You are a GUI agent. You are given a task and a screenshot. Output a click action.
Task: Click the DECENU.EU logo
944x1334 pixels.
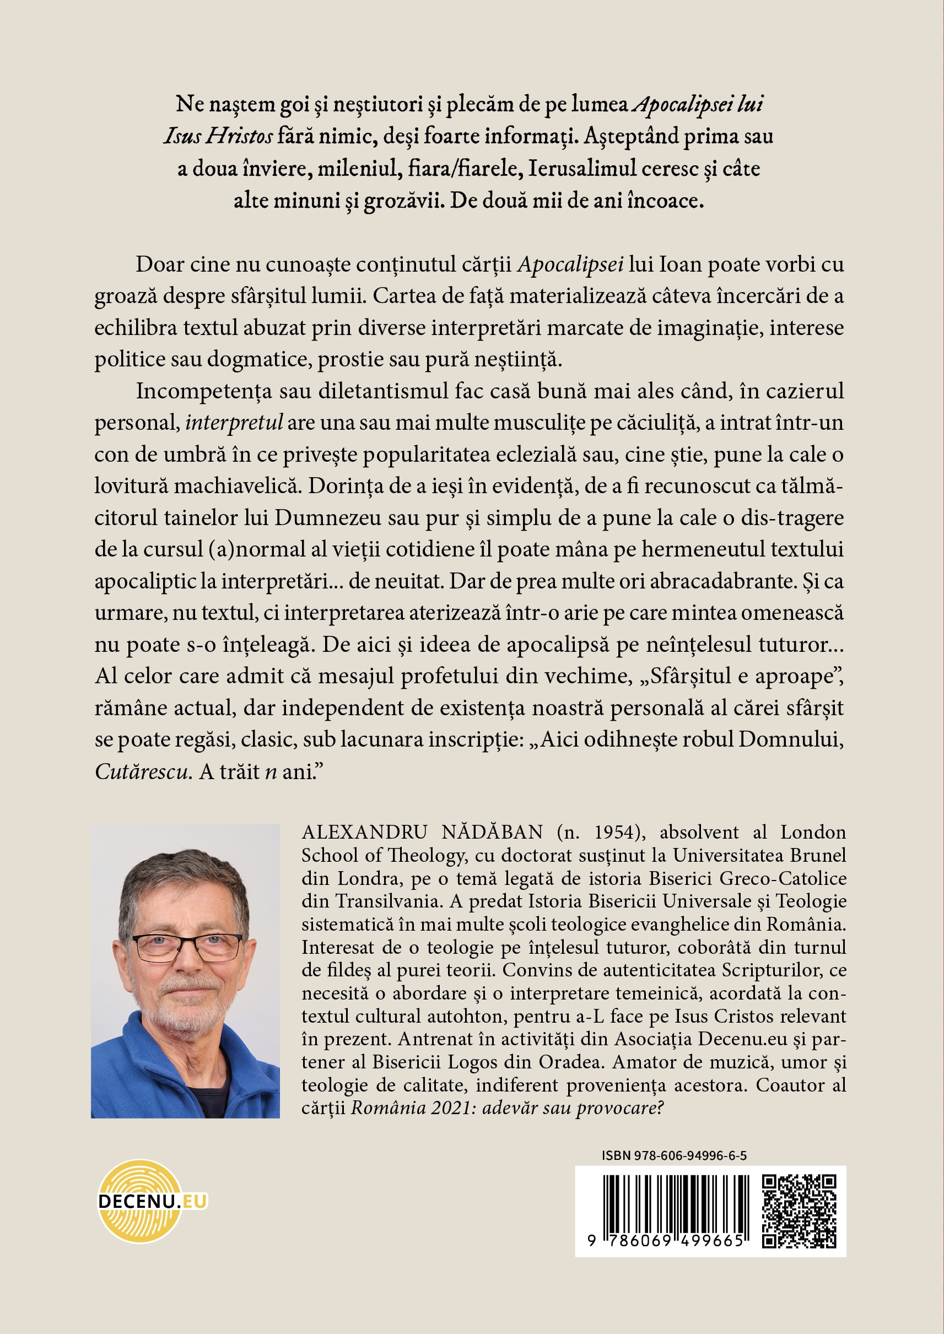(x=152, y=1201)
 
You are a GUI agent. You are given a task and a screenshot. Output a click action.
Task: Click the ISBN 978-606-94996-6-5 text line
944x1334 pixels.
(x=674, y=1155)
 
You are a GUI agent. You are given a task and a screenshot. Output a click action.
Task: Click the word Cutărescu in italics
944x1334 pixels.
(x=142, y=772)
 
